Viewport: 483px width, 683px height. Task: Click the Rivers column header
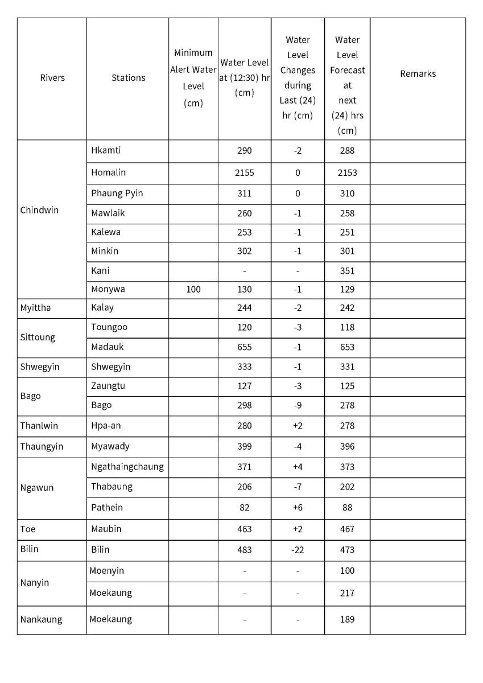(52, 78)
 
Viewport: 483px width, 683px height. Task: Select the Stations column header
(128, 78)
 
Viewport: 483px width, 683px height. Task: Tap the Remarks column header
(418, 73)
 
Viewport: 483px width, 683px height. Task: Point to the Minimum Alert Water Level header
(193, 78)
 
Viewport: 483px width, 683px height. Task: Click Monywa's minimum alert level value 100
(193, 289)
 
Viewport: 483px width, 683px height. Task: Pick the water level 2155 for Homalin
(245, 172)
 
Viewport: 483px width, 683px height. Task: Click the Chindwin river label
(39, 210)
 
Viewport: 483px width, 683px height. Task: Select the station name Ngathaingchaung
(127, 467)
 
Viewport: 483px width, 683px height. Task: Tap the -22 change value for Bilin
(298, 550)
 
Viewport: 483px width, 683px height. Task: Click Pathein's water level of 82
(245, 508)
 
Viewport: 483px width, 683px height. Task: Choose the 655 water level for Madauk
(245, 347)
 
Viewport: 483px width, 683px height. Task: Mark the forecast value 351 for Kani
(347, 271)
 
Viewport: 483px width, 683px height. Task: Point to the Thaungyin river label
(42, 446)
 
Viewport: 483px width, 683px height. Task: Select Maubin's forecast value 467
(347, 529)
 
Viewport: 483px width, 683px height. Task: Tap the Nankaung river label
(41, 619)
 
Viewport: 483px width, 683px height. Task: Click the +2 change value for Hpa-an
(298, 426)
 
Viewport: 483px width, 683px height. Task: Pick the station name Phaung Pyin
(117, 194)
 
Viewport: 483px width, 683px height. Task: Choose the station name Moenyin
(106, 571)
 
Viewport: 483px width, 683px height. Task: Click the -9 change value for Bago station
(298, 405)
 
